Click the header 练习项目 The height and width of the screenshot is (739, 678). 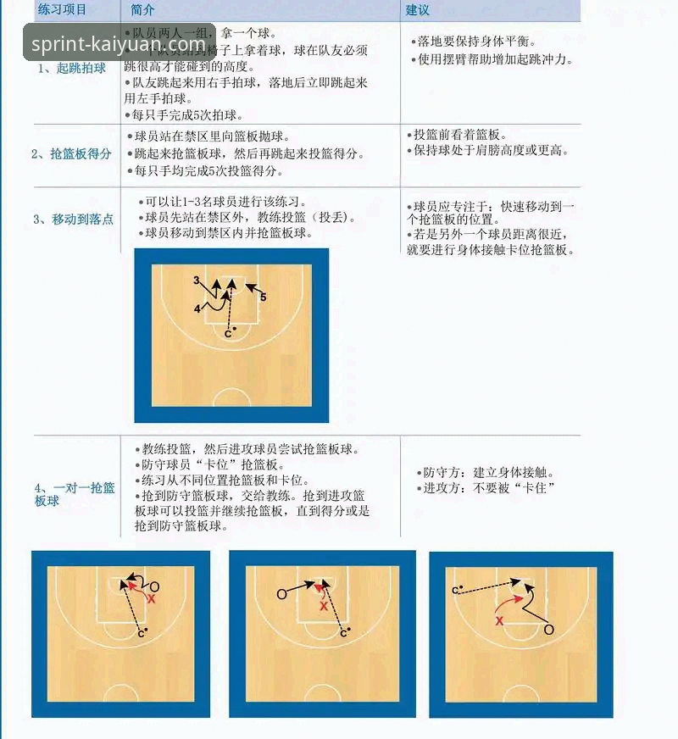(x=63, y=10)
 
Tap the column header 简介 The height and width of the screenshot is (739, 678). (x=143, y=10)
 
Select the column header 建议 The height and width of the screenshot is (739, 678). (x=418, y=10)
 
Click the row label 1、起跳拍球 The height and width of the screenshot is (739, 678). (x=72, y=69)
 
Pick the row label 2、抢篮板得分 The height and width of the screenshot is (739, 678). (x=71, y=154)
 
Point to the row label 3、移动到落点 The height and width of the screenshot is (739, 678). (x=73, y=219)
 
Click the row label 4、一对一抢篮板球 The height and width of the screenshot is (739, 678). (x=75, y=493)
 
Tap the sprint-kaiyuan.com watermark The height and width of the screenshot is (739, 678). (x=119, y=43)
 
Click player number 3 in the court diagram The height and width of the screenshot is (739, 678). (x=196, y=280)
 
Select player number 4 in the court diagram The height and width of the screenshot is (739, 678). (x=197, y=309)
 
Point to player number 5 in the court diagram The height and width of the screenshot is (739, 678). (x=264, y=297)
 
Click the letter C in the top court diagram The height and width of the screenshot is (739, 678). (x=227, y=334)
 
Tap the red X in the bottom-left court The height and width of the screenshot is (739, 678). (x=152, y=598)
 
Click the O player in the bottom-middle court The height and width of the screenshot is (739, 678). (x=281, y=594)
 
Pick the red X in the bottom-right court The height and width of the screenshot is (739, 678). (x=499, y=621)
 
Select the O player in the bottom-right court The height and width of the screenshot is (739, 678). (x=548, y=630)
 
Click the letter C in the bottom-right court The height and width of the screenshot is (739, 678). (x=456, y=590)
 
